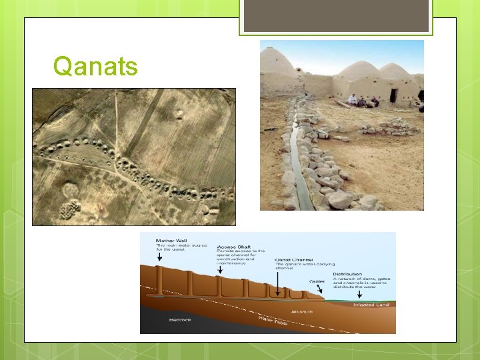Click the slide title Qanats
[x=95, y=66]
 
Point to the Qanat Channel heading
[x=294, y=259]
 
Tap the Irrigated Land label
[x=372, y=303]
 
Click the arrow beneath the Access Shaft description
[x=221, y=273]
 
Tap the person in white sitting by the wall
[x=352, y=99]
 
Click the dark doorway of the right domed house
[x=393, y=95]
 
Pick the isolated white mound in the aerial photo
[x=179, y=114]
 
